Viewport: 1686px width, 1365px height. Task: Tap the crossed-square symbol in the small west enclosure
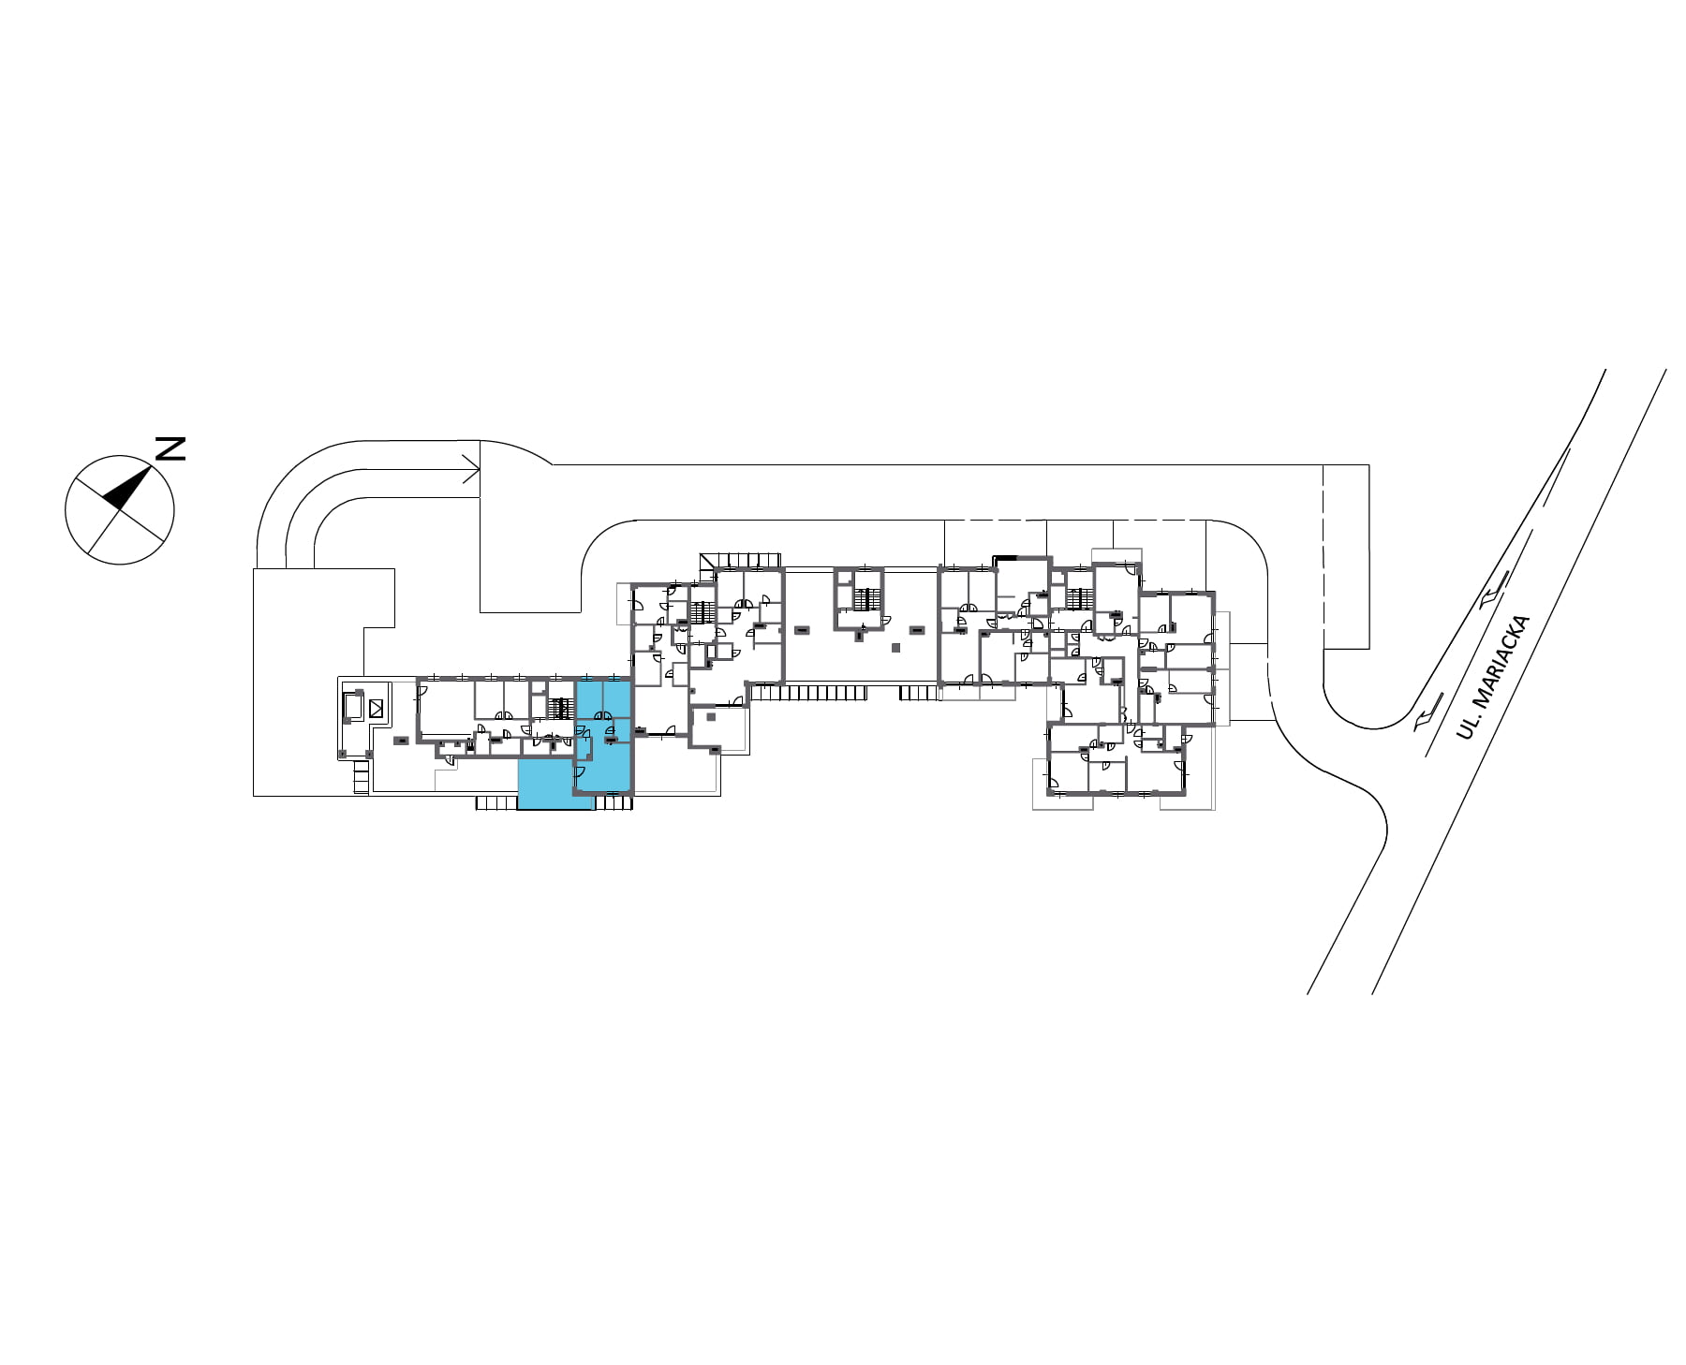point(377,709)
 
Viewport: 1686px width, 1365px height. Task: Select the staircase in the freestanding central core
point(868,598)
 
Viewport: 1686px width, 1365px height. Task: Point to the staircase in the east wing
point(1081,597)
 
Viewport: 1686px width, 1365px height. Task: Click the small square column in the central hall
point(895,647)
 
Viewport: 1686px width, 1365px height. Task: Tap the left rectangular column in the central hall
point(802,630)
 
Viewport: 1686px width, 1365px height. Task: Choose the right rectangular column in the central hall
point(916,629)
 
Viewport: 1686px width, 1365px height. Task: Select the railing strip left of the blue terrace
point(496,802)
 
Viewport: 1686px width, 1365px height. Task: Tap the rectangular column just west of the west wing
point(400,741)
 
